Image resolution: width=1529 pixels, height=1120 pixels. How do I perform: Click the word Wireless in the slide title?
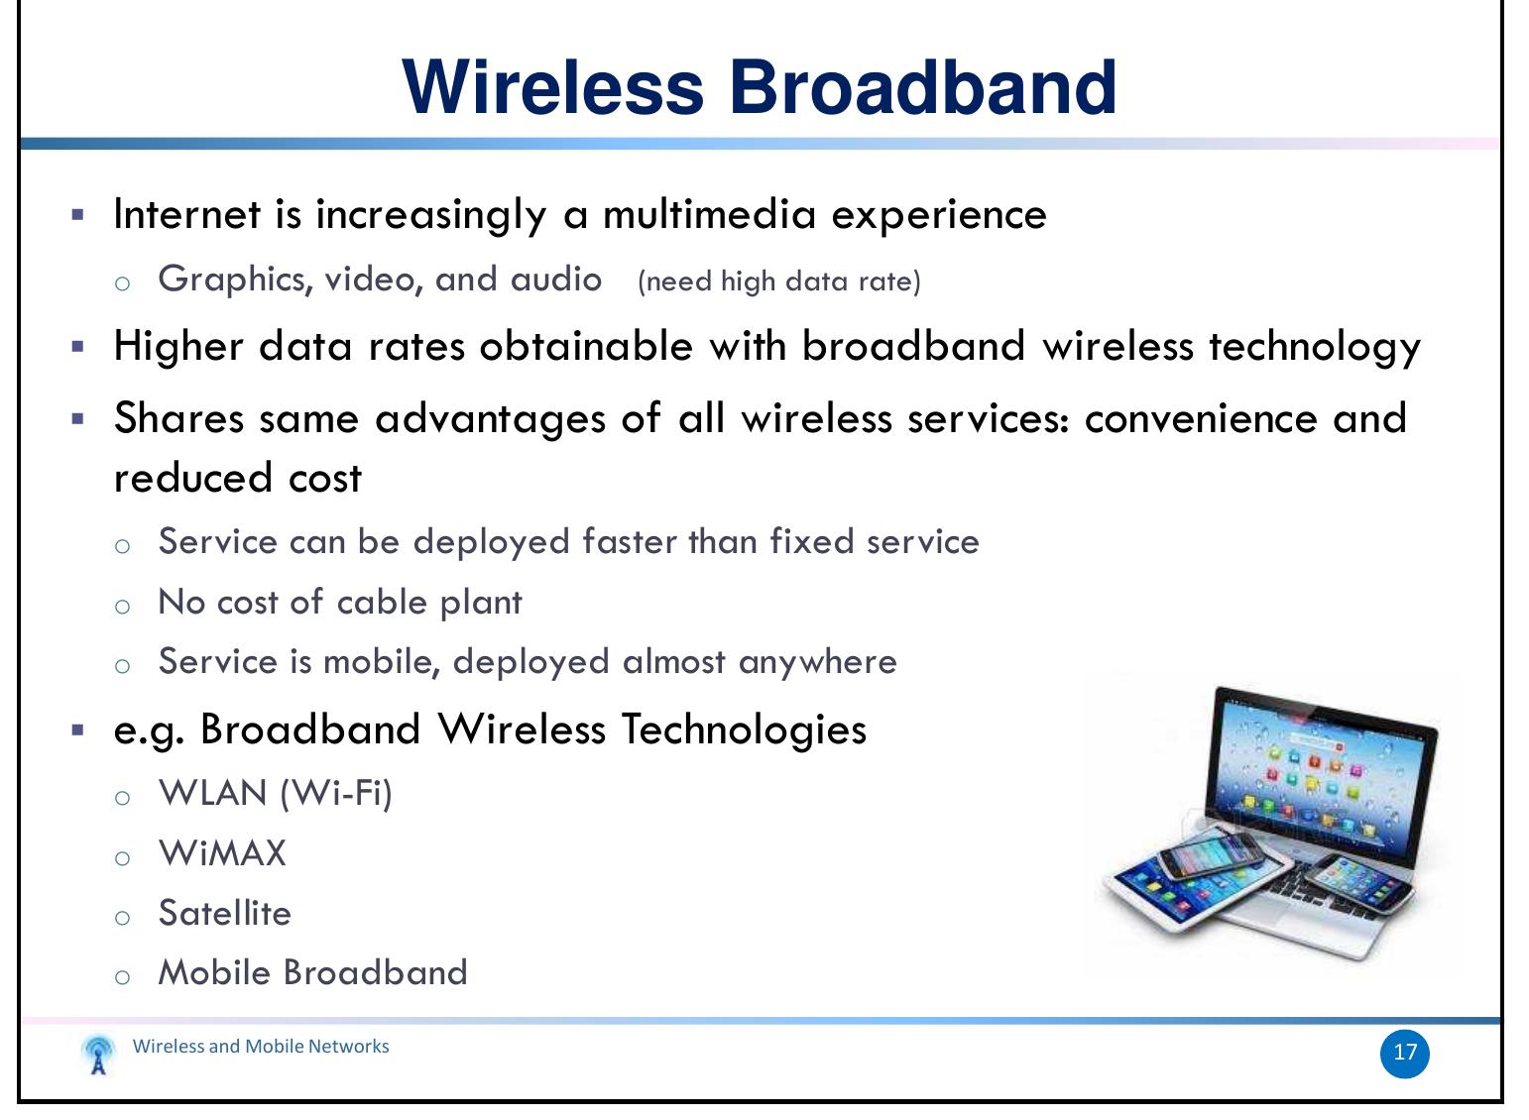(x=552, y=87)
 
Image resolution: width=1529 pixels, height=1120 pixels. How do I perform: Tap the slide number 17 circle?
(x=1404, y=1053)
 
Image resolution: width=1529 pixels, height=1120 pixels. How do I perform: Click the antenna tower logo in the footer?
(x=97, y=1055)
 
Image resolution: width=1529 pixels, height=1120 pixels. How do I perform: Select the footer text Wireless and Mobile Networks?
(x=261, y=1047)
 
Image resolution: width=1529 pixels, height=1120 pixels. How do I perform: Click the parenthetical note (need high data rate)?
(x=779, y=281)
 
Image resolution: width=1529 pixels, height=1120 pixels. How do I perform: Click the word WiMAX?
(x=222, y=853)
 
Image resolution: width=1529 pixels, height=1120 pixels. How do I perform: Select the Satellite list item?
(x=225, y=913)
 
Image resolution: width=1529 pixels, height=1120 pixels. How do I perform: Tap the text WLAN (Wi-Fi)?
(x=276, y=793)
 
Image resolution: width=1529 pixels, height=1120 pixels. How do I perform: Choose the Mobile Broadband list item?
(x=312, y=972)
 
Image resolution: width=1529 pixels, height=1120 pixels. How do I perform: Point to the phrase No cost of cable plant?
(x=340, y=602)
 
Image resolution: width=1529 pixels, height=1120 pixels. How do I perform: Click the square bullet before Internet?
(x=78, y=214)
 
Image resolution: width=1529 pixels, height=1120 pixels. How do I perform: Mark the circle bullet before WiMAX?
(x=122, y=857)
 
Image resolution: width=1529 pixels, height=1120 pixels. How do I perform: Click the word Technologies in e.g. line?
(x=744, y=729)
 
